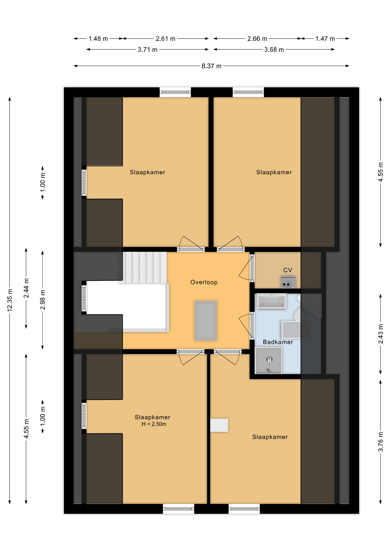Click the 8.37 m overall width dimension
pyautogui.click(x=211, y=66)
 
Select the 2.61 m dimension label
pyautogui.click(x=165, y=39)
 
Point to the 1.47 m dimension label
pyautogui.click(x=325, y=39)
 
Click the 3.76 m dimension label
pyautogui.click(x=381, y=442)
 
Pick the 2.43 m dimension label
pyautogui.click(x=381, y=334)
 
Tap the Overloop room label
pyautogui.click(x=204, y=282)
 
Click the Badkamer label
pyautogui.click(x=278, y=342)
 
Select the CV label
pyautogui.click(x=288, y=270)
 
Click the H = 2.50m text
pyautogui.click(x=154, y=424)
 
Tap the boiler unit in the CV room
pyautogui.click(x=288, y=282)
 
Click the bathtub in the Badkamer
pyautogui.click(x=271, y=301)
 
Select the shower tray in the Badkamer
pyautogui.click(x=269, y=360)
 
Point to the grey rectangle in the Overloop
pyautogui.click(x=205, y=321)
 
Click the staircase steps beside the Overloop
pyautogui.click(x=143, y=267)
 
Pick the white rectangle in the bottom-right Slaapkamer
pyautogui.click(x=219, y=425)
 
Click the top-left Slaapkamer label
pyautogui.click(x=147, y=172)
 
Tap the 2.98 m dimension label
pyautogui.click(x=43, y=300)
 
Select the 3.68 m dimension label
pyautogui.click(x=274, y=49)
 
